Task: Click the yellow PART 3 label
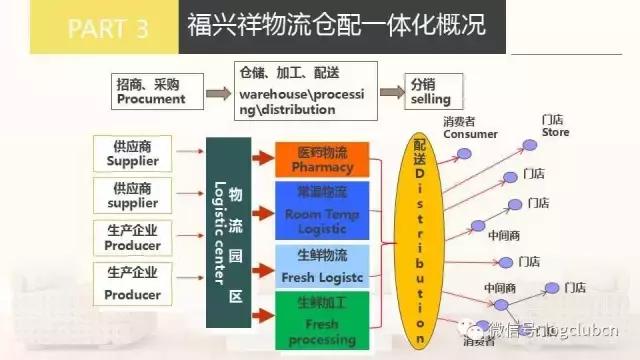click(x=94, y=27)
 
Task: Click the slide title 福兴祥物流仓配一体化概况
click(x=336, y=26)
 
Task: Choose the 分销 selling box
click(x=431, y=92)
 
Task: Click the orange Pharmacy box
click(x=322, y=159)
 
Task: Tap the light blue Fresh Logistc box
click(x=322, y=265)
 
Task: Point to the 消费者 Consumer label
click(x=470, y=127)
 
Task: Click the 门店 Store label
click(x=554, y=125)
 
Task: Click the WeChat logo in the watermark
click(x=470, y=329)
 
